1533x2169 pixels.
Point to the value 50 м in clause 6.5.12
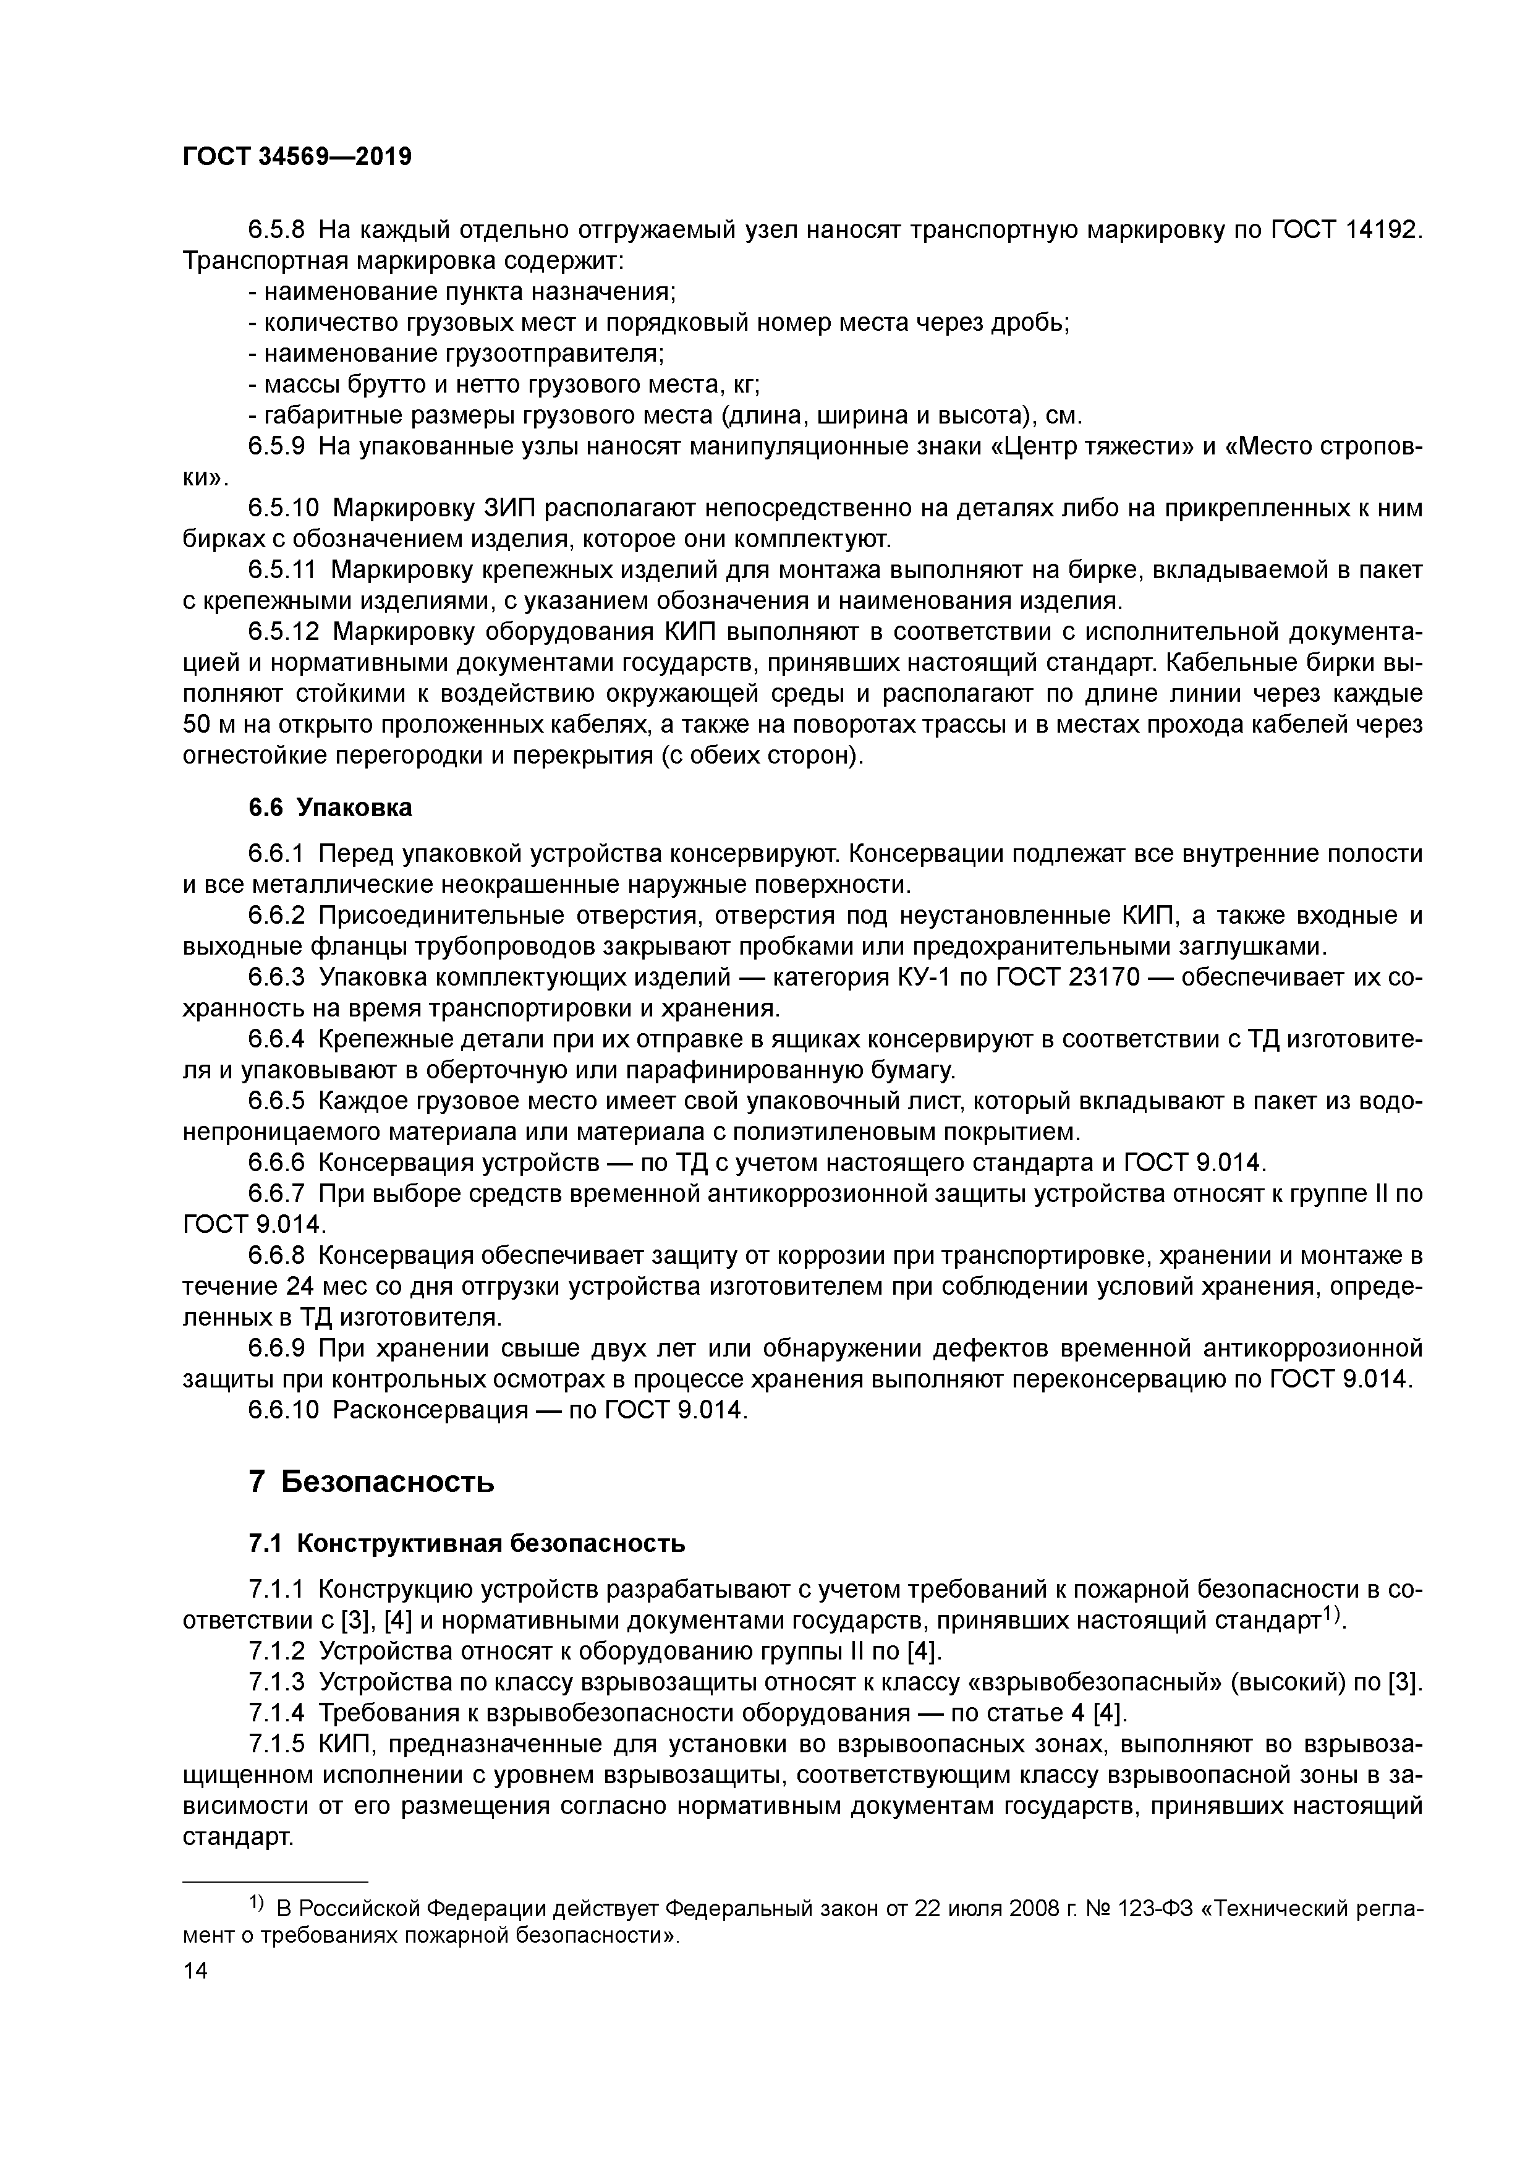[x=210, y=725]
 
